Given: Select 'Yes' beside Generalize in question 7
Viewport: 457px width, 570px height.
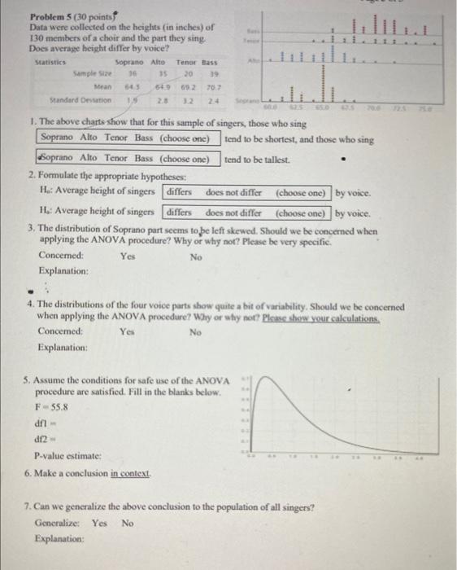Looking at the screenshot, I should pyautogui.click(x=99, y=523).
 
